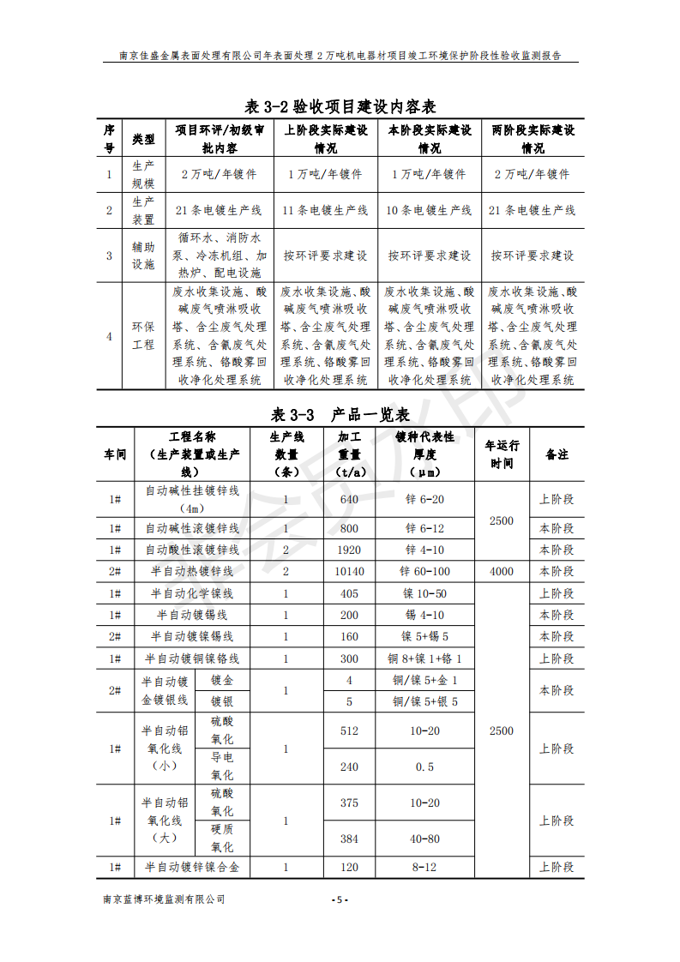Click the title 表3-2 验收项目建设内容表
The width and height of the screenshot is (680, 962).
point(340,106)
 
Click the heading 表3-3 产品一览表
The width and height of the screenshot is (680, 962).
point(340,414)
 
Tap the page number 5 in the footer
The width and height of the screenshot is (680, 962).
point(340,899)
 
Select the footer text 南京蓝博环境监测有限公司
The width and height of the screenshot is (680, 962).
point(163,899)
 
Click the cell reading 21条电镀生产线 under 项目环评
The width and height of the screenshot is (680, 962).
point(219,210)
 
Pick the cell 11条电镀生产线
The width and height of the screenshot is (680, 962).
point(325,210)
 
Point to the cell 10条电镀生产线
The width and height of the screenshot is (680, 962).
point(429,210)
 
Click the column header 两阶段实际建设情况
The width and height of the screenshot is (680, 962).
point(533,139)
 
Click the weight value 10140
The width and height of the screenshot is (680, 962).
point(349,572)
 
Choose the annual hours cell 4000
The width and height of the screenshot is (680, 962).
point(502,572)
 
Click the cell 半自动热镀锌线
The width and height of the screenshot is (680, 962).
point(192,572)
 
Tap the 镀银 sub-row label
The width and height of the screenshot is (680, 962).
point(222,701)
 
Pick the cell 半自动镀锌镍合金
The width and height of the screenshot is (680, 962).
point(192,868)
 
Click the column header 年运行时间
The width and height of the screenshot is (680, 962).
point(502,454)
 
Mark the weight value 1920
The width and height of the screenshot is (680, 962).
point(349,550)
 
